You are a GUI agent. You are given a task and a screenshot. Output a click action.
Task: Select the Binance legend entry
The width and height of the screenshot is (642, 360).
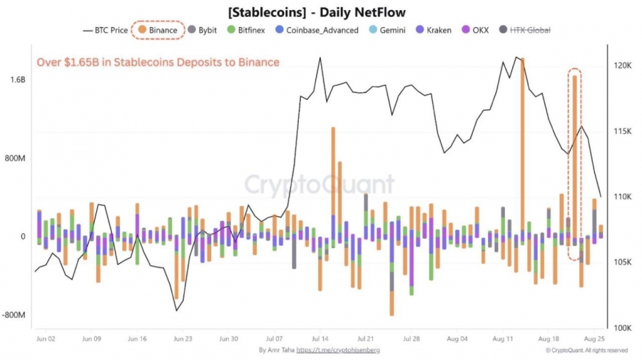158,31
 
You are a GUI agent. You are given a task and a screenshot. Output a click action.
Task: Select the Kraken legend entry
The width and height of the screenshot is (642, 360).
433,31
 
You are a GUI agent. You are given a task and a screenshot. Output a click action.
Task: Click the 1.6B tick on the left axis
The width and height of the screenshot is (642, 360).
18,80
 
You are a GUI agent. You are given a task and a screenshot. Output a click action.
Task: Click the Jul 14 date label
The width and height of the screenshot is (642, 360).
320,339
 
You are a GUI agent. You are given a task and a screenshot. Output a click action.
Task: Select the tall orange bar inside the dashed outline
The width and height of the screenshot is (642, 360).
574,157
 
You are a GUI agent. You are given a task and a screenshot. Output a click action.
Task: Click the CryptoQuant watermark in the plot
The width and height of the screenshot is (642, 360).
320,185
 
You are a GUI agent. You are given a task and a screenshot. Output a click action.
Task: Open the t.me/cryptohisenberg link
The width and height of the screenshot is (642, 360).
342,351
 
